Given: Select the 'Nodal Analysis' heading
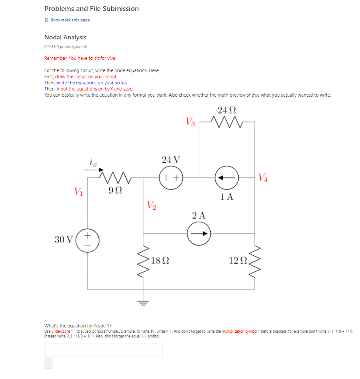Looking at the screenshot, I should [66, 38].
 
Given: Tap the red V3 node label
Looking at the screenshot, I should [190, 121].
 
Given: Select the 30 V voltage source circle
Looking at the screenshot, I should [87, 240].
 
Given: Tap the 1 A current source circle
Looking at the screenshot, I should [226, 177].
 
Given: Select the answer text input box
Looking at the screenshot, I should [104, 350].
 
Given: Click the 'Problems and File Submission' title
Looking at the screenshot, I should [92, 9].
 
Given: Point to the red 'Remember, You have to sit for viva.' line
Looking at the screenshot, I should [80, 58].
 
